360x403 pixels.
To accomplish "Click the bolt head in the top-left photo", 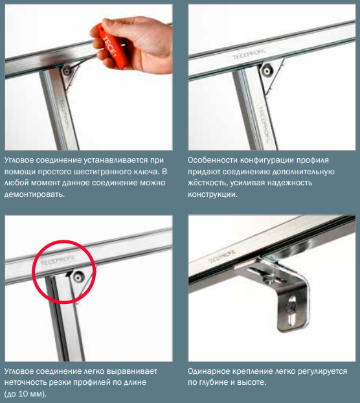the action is coord(67,71).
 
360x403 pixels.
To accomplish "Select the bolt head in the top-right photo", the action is coord(267,70).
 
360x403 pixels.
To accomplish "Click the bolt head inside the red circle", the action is coord(78,277).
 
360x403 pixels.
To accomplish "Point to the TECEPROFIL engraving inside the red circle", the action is coord(58,260).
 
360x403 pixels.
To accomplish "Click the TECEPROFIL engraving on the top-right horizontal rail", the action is coord(249,54).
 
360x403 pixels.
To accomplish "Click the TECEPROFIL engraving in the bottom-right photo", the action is coord(221,256).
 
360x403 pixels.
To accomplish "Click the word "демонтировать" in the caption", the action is coord(34,194).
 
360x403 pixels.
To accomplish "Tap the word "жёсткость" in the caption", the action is coord(207,183).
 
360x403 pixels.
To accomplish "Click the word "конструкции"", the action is coord(212,194).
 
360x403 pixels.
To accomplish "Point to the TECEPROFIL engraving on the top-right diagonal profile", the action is coord(264,124).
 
